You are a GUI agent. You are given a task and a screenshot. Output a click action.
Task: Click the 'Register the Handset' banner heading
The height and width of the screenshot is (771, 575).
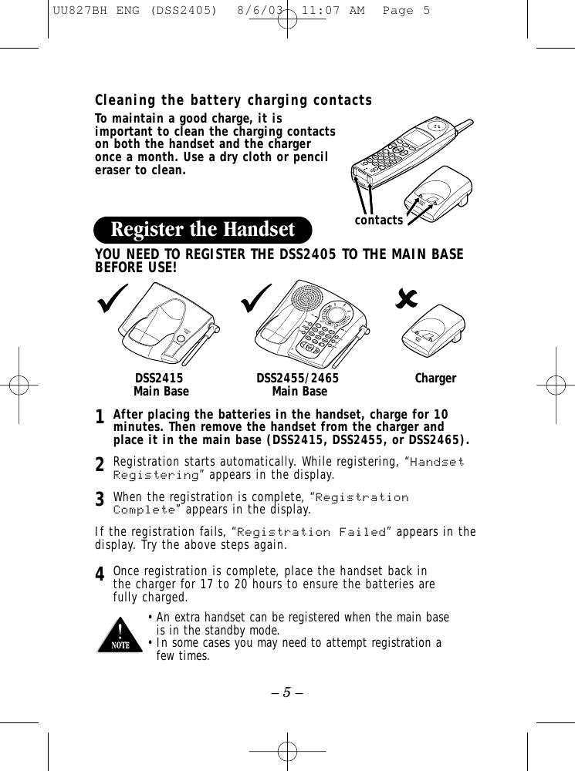click(x=203, y=230)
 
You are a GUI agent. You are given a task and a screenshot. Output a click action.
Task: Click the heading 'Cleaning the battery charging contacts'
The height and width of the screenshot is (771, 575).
click(x=233, y=101)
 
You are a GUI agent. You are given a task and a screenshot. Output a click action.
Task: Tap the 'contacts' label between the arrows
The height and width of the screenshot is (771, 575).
click(x=378, y=221)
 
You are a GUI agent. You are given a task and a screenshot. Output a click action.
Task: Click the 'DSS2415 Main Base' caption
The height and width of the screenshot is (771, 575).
click(x=160, y=385)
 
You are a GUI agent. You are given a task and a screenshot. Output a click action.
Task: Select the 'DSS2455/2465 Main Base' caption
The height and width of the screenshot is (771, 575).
click(x=298, y=385)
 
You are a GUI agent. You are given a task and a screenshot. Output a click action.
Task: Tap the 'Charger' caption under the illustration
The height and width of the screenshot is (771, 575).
click(x=435, y=379)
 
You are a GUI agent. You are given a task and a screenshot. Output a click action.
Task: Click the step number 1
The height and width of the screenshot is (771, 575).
click(x=100, y=418)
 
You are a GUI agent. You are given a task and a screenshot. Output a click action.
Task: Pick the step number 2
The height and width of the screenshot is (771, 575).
click(x=100, y=465)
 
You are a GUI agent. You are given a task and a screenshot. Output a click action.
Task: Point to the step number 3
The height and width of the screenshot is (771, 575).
click(x=100, y=500)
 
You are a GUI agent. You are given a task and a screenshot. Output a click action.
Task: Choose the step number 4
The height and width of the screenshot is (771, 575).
click(x=100, y=574)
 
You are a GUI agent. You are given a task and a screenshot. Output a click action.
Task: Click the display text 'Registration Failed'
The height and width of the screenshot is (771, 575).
click(x=312, y=533)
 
